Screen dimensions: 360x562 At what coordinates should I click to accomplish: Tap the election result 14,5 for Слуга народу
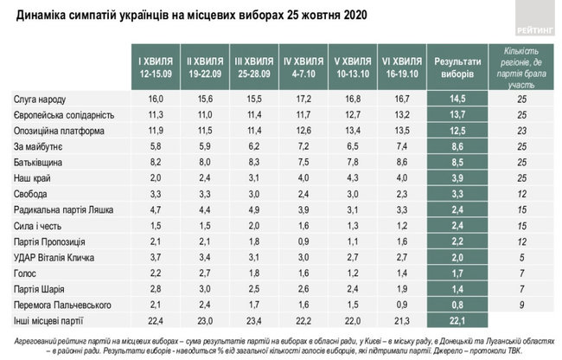click(x=459, y=101)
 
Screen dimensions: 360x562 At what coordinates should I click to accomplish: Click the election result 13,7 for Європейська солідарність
click(x=459, y=116)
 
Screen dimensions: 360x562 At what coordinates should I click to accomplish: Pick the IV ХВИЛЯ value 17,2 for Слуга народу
click(x=303, y=101)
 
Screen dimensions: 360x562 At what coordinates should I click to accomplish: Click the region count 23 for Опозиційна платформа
click(x=520, y=131)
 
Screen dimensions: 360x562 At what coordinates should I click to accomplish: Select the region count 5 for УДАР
click(x=520, y=258)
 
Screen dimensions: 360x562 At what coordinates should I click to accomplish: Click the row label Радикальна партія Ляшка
click(x=59, y=209)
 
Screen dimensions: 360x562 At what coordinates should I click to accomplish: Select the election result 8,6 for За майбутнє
click(x=459, y=146)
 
